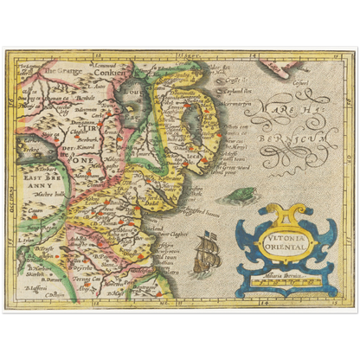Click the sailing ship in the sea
(x=207, y=253)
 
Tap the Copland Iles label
(x=236, y=89)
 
